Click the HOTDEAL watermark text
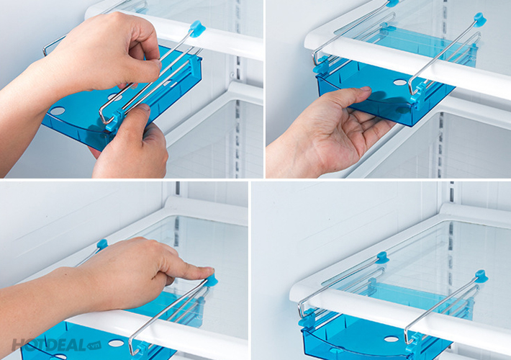click(x=49, y=345)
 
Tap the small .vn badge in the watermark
click(x=94, y=346)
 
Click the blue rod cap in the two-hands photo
click(x=197, y=29)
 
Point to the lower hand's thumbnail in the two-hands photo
click(x=143, y=107)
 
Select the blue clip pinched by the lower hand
click(x=114, y=120)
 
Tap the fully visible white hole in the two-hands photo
click(x=58, y=111)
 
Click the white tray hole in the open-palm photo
click(x=400, y=83)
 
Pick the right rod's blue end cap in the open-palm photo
click(x=480, y=19)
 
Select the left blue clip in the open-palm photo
click(x=322, y=64)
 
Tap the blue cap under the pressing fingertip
click(x=211, y=280)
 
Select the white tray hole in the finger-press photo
click(x=117, y=343)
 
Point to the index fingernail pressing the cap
click(x=207, y=270)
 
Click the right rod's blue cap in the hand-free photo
click(x=481, y=276)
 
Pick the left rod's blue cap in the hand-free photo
click(x=382, y=258)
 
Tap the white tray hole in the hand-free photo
click(x=391, y=339)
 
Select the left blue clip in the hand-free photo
click(x=307, y=318)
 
